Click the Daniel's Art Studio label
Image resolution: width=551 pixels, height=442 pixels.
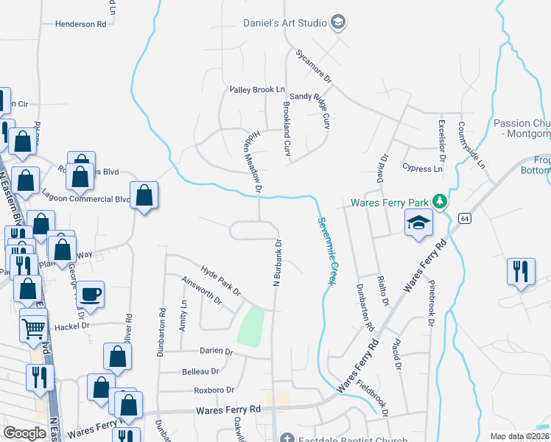pos(285,23)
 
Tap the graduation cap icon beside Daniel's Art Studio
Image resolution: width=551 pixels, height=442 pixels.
pos(338,22)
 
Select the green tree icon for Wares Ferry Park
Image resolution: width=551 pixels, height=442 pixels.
pos(440,201)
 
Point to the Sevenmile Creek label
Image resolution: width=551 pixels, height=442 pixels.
pos(327,250)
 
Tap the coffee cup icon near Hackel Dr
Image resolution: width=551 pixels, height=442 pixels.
pos(91,293)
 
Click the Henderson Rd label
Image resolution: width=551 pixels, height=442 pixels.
pos(81,24)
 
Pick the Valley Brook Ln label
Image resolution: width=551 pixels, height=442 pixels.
pos(257,89)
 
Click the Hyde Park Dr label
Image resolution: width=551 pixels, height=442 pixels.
pos(221,279)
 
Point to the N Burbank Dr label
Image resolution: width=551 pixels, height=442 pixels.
pos(278,262)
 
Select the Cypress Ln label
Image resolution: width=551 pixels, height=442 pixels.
pos(423,168)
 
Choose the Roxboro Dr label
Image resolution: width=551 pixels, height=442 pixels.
pos(214,390)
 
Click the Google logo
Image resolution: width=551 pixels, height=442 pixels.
pos(25,433)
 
